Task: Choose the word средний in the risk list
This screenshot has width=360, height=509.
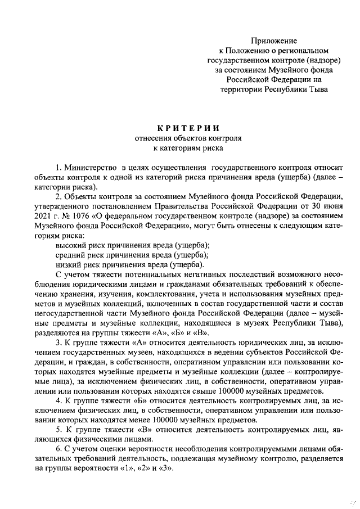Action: (x=70, y=255)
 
